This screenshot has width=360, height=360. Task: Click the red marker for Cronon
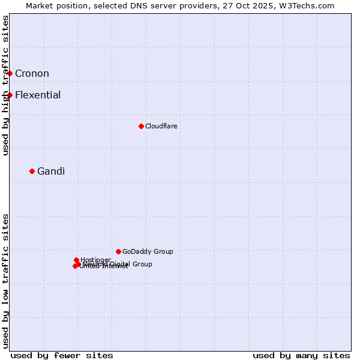tap(10, 73)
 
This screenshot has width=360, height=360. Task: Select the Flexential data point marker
tap(10, 95)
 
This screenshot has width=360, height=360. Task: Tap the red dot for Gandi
tap(32, 171)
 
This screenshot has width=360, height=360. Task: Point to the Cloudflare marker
tap(141, 126)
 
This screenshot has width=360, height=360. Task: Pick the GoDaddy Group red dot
tap(118, 251)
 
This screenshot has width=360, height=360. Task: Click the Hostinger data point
tap(76, 260)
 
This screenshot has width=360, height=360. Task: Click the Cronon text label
tap(32, 74)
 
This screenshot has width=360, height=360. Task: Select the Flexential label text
tap(38, 95)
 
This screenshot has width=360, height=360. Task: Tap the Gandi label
tap(51, 172)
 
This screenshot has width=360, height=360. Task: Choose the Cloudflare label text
tap(161, 126)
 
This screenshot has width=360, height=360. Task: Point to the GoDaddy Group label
tap(148, 251)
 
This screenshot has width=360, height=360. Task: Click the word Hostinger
tap(95, 260)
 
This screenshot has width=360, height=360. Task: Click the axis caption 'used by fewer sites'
tap(62, 355)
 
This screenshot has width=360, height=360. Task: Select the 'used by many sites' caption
tap(301, 355)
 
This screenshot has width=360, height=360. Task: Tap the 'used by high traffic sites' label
tap(5, 85)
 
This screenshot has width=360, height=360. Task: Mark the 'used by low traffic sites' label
tap(5, 281)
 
